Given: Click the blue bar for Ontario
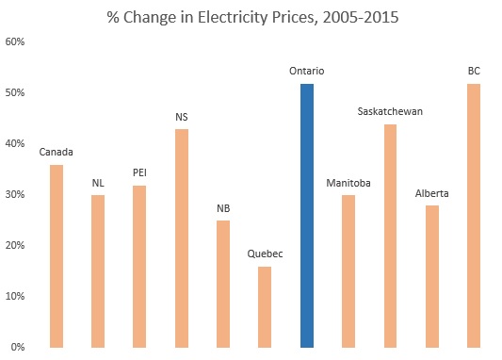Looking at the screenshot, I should click(306, 216).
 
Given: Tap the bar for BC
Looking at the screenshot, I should click(474, 216).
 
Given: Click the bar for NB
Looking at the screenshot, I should click(223, 284).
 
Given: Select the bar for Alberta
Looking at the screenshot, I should click(431, 276).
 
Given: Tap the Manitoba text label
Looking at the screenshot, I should click(348, 182).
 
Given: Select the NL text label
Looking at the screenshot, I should click(98, 182).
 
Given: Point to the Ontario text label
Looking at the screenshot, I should click(307, 71).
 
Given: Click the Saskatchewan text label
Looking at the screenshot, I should click(390, 111).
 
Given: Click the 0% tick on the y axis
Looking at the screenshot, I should click(18, 348).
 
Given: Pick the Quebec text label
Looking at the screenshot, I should click(265, 254).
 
